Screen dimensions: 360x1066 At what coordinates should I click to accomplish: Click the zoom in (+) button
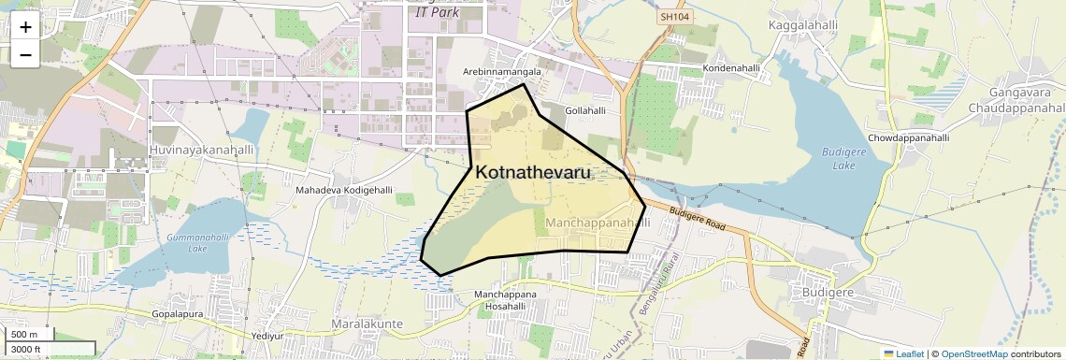point(25,27)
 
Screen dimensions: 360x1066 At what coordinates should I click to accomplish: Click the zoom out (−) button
point(25,55)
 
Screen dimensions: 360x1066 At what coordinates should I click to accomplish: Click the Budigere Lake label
point(839,158)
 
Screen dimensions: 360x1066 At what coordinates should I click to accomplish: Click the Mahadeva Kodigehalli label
point(344,191)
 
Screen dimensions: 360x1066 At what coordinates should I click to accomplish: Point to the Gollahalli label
point(585,109)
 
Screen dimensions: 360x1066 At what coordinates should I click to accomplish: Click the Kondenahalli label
point(731,69)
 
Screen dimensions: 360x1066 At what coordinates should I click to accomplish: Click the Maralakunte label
point(367,324)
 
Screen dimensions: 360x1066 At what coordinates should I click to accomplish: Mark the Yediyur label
point(267,335)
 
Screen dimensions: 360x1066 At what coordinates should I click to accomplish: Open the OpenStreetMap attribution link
point(973,354)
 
